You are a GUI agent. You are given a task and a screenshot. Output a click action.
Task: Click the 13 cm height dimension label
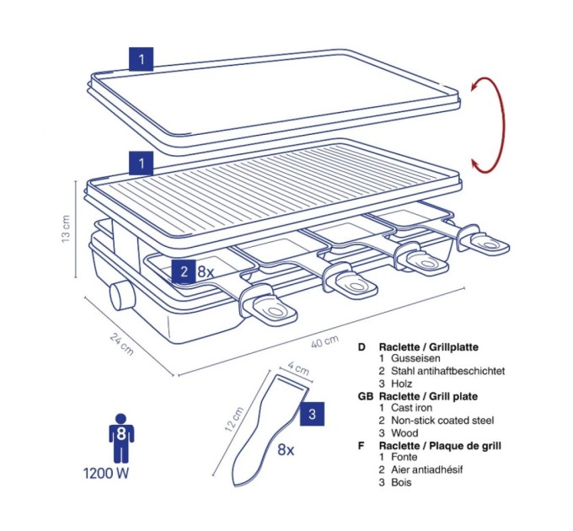(66, 228)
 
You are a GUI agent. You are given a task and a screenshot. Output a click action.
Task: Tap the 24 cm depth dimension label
(121, 344)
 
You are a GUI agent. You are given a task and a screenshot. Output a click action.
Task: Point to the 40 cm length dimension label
(325, 342)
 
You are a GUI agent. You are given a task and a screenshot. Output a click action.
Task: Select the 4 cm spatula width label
(298, 368)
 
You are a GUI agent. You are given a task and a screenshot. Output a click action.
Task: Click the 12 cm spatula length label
(234, 419)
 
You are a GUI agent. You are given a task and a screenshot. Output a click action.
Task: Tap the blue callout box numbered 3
(312, 414)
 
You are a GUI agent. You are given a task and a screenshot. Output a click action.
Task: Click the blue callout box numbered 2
(184, 271)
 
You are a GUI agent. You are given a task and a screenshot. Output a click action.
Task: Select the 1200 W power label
(106, 473)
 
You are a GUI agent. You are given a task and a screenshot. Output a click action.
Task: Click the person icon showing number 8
(121, 437)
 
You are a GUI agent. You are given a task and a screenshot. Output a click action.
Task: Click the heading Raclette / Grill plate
(428, 396)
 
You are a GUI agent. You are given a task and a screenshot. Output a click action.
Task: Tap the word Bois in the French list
(401, 482)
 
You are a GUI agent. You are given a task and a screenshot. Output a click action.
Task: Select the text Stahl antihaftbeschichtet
(448, 371)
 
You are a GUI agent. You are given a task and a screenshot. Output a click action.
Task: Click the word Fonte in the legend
(404, 457)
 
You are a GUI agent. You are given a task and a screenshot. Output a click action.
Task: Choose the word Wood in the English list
(404, 433)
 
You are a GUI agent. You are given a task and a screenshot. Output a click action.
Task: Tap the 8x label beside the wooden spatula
(286, 450)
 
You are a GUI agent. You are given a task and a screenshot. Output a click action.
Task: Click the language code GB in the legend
(366, 396)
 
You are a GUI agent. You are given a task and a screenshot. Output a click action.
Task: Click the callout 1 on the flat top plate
(141, 59)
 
